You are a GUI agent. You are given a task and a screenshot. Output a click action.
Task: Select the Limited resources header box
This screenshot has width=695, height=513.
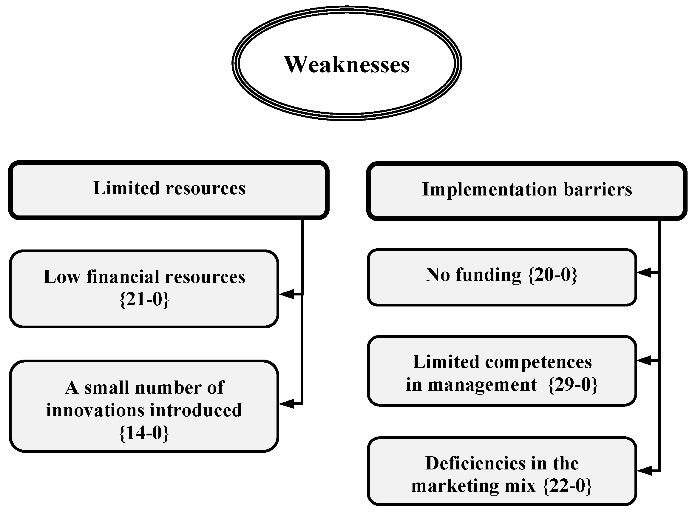click(169, 190)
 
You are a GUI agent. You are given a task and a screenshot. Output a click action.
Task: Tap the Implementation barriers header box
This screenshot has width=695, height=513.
click(527, 191)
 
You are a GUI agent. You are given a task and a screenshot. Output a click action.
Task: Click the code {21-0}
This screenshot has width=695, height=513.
click(144, 299)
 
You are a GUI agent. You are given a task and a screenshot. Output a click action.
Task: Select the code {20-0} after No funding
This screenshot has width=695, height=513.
click(552, 275)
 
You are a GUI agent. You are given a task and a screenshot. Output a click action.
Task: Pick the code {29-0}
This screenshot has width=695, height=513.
click(573, 385)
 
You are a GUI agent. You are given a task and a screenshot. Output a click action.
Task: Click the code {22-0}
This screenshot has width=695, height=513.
click(568, 486)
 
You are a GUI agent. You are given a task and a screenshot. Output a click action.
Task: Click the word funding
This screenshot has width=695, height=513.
click(489, 275)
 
